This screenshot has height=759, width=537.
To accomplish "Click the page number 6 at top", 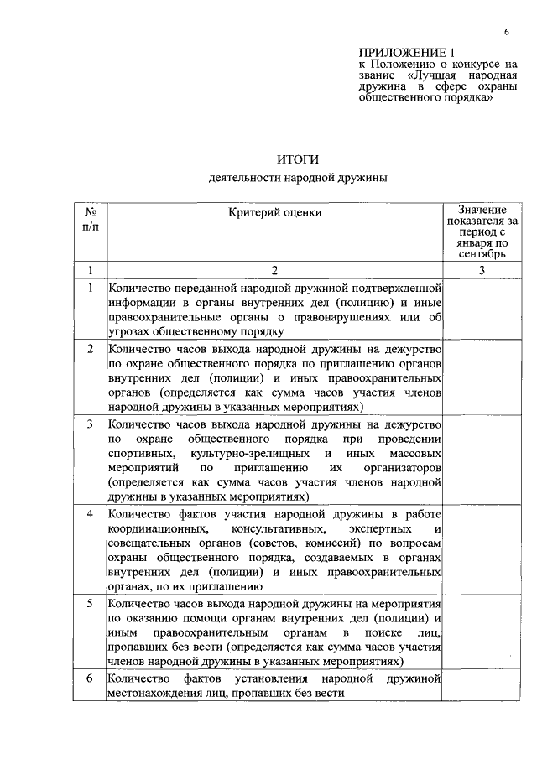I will point(507,32).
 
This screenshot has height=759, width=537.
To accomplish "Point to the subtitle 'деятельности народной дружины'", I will point(299,178).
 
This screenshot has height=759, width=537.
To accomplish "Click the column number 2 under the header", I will point(274,269).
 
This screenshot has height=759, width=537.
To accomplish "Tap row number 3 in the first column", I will point(90,424).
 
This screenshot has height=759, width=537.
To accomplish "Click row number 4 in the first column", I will point(90,513).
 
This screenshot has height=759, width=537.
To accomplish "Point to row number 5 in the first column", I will point(90,602).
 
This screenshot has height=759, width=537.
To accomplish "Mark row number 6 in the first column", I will point(90,678).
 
